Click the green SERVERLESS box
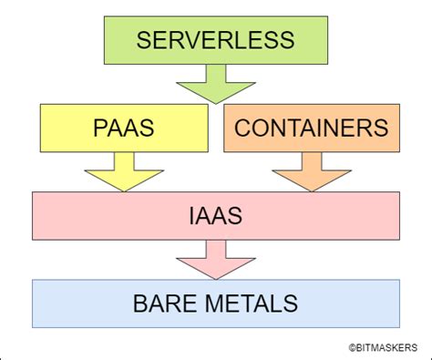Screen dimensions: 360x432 tap(216, 41)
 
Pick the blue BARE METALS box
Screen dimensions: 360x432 tap(216, 303)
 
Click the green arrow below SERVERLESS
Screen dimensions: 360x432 tap(215, 87)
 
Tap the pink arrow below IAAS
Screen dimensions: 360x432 tap(216, 260)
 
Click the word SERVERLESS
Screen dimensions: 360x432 tap(216, 40)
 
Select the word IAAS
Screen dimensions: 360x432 tap(216, 215)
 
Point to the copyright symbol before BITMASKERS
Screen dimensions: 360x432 tap(350, 346)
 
